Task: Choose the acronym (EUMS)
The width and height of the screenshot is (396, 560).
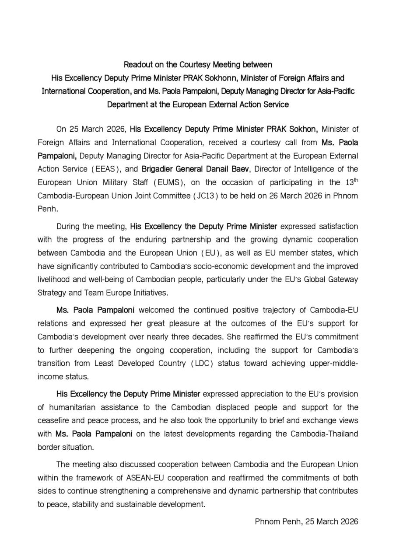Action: (x=165, y=182)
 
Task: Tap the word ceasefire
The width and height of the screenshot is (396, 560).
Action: (x=53, y=421)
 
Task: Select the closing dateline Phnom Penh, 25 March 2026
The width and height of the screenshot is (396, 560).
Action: (x=306, y=521)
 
